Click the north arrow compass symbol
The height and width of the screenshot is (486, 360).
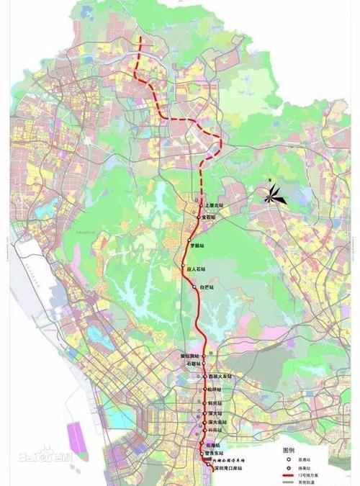tap(274, 193)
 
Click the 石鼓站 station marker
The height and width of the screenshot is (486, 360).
tap(204, 365)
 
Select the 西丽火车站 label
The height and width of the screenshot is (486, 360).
tap(220, 377)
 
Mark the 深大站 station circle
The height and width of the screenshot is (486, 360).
tap(204, 413)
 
